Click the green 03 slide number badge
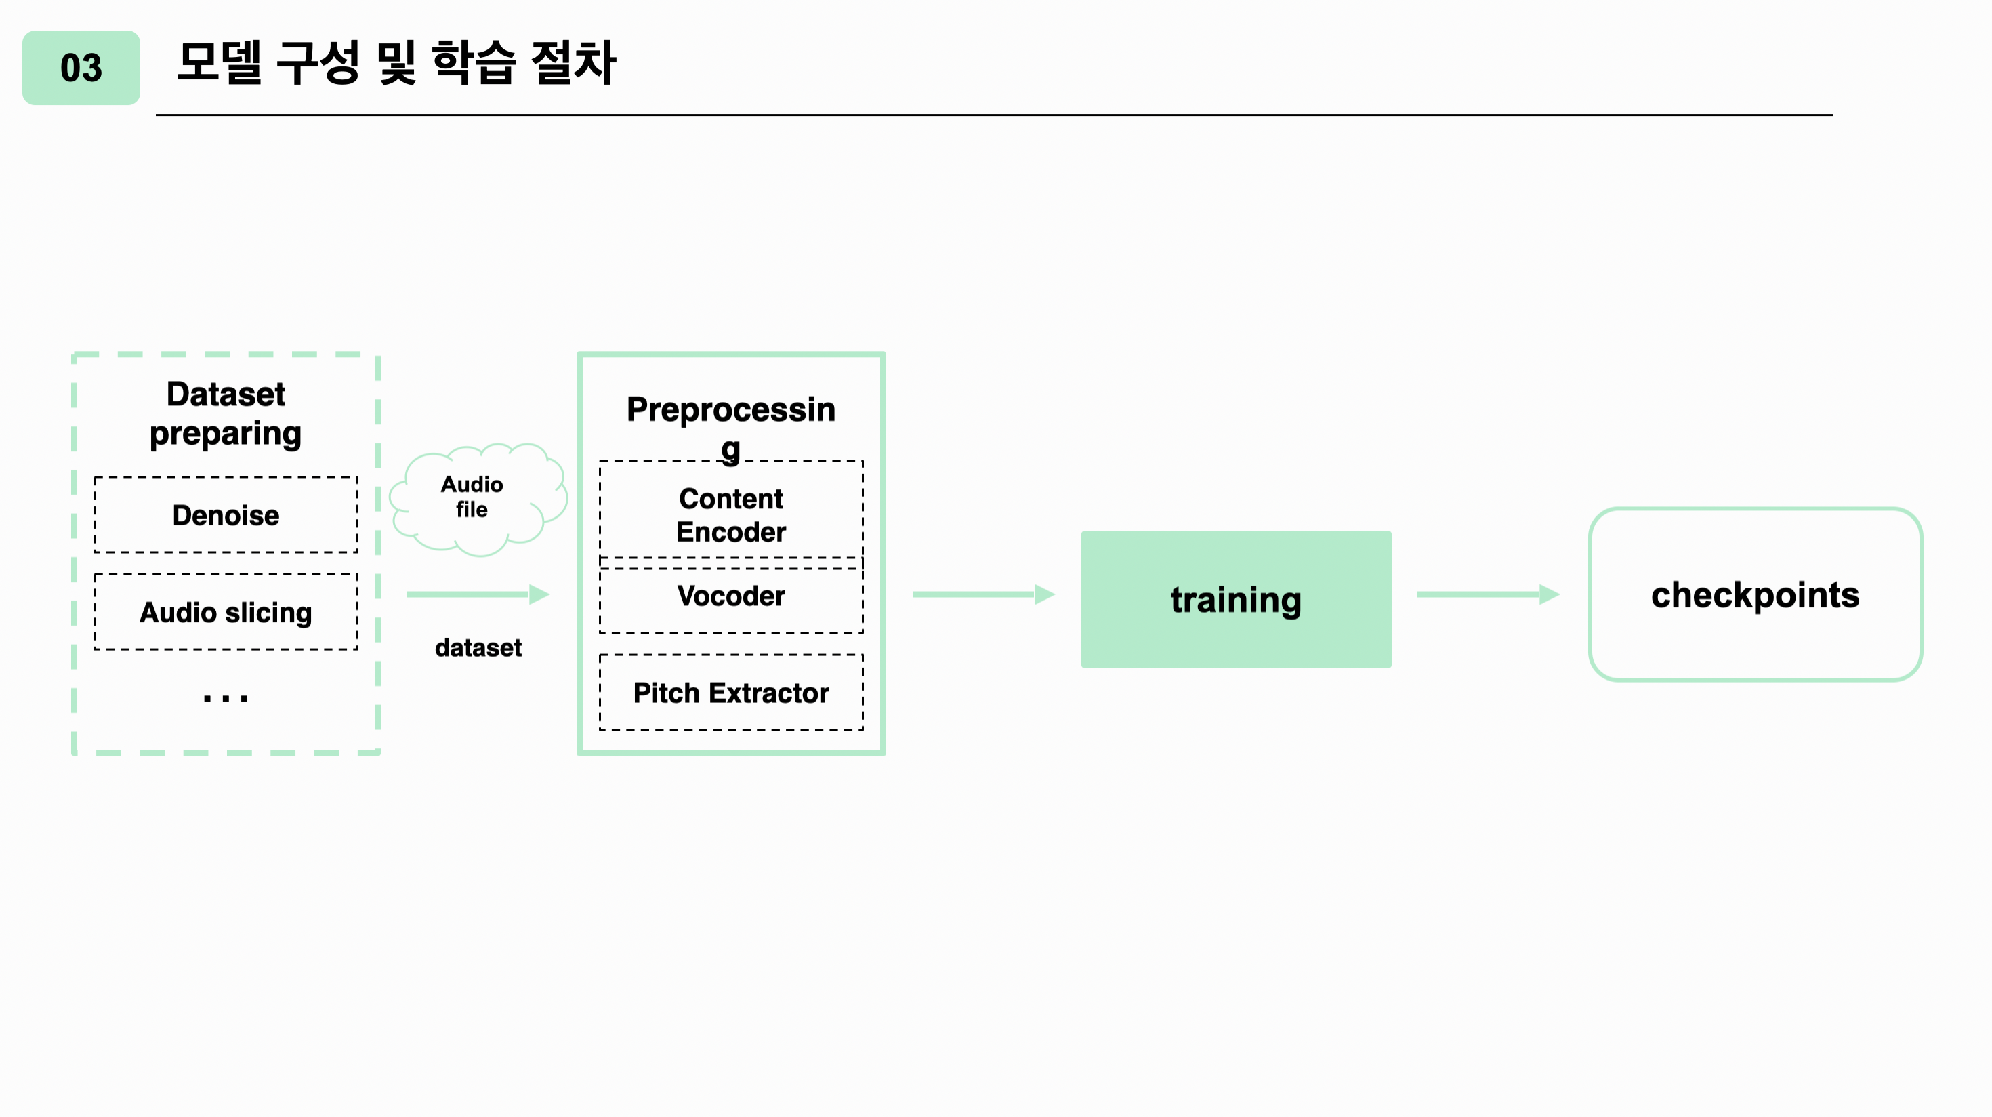tap(81, 68)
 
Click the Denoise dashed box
tap(225, 515)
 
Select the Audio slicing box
tap(225, 612)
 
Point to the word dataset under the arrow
tap(478, 647)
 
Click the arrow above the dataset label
tap(477, 594)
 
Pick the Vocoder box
tap(731, 597)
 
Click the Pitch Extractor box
tap(731, 692)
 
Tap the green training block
tap(1236, 599)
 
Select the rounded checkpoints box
tap(1755, 594)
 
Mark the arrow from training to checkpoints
tap(1488, 594)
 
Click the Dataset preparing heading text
tap(225, 414)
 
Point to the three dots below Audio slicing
tap(225, 699)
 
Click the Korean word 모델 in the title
tap(220, 62)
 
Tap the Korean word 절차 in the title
tap(573, 62)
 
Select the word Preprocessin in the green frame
tap(731, 409)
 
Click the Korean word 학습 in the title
tap(472, 62)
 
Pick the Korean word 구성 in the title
tap(318, 62)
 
